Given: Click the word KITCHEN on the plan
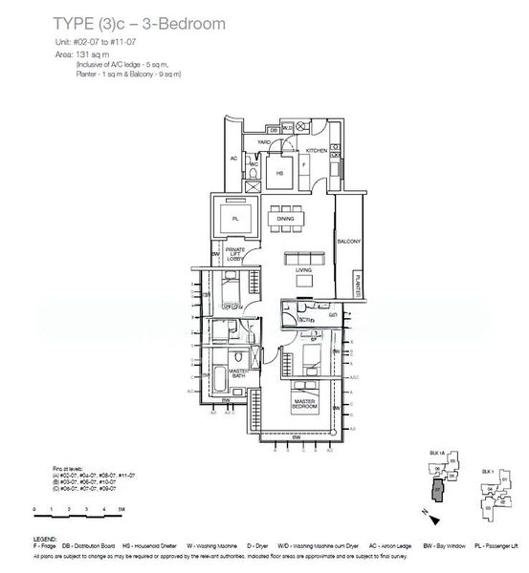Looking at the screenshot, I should [x=317, y=151].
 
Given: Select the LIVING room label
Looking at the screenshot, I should [x=305, y=271].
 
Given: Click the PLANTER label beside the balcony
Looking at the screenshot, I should [x=357, y=283].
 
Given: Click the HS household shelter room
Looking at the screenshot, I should [x=280, y=173].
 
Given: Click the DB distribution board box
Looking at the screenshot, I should [x=273, y=129].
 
